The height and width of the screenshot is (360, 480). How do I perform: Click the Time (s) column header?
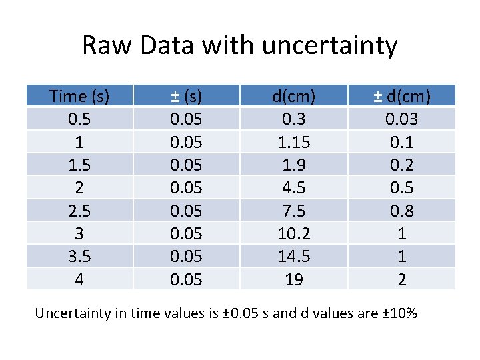79,96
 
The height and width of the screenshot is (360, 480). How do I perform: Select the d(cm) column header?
294,96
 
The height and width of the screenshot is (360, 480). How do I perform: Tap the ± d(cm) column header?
401,96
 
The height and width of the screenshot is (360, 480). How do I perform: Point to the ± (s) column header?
186,96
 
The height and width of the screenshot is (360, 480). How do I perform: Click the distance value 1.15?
294,142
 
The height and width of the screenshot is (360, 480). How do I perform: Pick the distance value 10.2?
294,233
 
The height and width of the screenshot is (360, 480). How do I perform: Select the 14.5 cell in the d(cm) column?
294,257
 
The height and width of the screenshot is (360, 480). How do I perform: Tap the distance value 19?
294,279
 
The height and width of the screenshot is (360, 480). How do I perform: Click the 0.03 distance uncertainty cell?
401,119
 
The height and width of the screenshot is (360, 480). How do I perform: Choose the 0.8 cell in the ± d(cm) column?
401,211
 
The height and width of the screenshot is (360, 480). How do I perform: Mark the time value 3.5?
79,257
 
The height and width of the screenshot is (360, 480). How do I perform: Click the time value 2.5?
79,211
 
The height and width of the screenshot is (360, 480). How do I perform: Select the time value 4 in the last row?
79,279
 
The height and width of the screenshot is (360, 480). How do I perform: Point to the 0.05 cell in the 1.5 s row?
186,165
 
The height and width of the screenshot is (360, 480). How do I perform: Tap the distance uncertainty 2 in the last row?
401,279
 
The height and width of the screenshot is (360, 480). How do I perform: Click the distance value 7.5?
294,211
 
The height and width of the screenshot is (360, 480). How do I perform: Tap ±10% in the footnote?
399,312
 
